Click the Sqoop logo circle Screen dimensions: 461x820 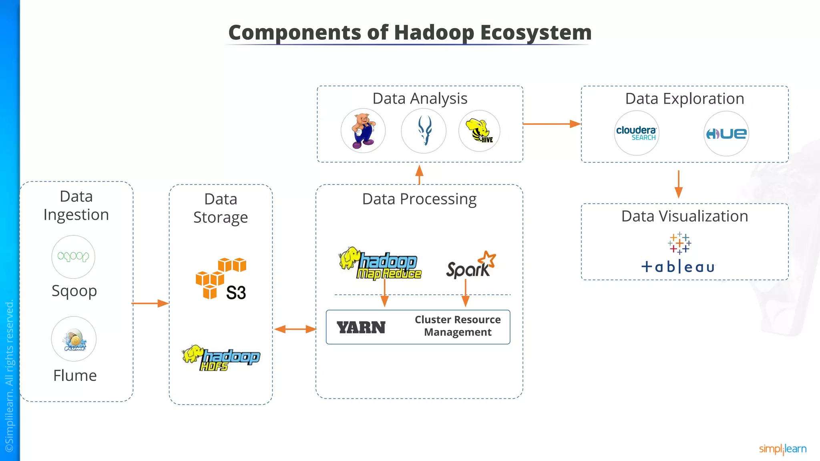coord(73,257)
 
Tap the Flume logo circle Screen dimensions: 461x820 coord(74,339)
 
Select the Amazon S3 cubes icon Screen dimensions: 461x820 coord(221,279)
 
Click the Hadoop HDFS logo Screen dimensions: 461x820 coord(221,358)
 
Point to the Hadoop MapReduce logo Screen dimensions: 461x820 coord(380,264)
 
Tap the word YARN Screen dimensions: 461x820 coord(361,328)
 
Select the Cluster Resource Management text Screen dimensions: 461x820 coord(458,326)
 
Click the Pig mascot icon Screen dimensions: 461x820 coord(363,131)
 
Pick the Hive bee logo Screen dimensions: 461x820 coord(479,131)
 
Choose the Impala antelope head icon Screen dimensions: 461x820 coord(424,131)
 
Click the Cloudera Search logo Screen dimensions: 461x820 coord(636,133)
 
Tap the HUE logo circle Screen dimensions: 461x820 coord(726,134)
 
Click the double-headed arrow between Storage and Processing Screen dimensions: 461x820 coord(295,329)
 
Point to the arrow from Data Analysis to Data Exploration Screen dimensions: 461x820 coord(551,124)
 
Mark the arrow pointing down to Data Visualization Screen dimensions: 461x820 coord(678,184)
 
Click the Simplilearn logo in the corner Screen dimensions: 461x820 coord(782,449)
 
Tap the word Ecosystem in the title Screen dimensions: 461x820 coord(536,32)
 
